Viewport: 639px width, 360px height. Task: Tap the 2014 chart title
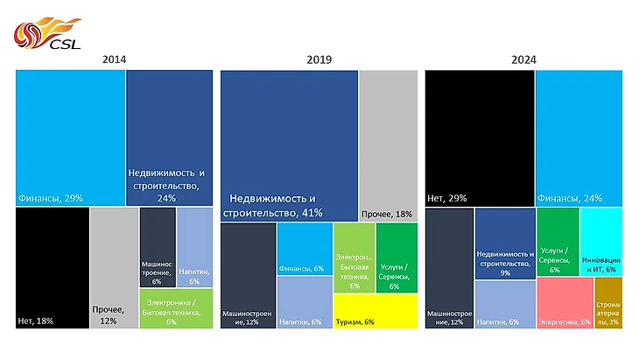(x=113, y=60)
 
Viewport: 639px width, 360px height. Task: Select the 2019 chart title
(x=319, y=60)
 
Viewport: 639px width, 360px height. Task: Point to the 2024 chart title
(x=523, y=60)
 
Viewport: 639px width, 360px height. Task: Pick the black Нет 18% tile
(x=52, y=268)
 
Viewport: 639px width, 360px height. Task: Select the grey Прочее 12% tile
(x=113, y=268)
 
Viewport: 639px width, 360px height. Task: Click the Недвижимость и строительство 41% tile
(x=289, y=145)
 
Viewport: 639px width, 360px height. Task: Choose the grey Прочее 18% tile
(x=388, y=145)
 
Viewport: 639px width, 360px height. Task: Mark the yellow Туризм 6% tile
(x=376, y=311)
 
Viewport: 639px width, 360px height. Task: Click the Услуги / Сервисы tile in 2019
(x=397, y=258)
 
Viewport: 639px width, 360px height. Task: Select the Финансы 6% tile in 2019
(x=304, y=249)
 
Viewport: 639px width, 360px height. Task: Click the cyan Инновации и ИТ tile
(x=600, y=241)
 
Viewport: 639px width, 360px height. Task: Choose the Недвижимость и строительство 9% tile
(x=505, y=244)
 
